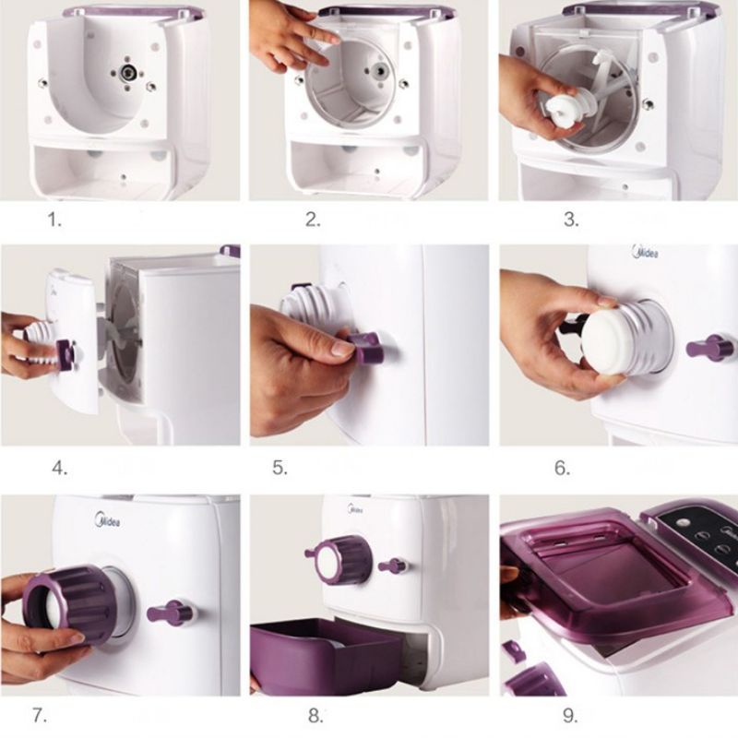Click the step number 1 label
(54, 220)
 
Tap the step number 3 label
(571, 220)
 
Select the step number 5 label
(280, 468)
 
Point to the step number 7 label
(40, 716)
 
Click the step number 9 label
(570, 716)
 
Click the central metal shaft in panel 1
(127, 73)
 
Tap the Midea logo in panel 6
(645, 252)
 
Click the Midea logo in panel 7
(108, 519)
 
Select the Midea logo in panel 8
(355, 509)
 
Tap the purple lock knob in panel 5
(364, 347)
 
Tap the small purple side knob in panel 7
(171, 613)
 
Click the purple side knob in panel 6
(709, 348)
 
